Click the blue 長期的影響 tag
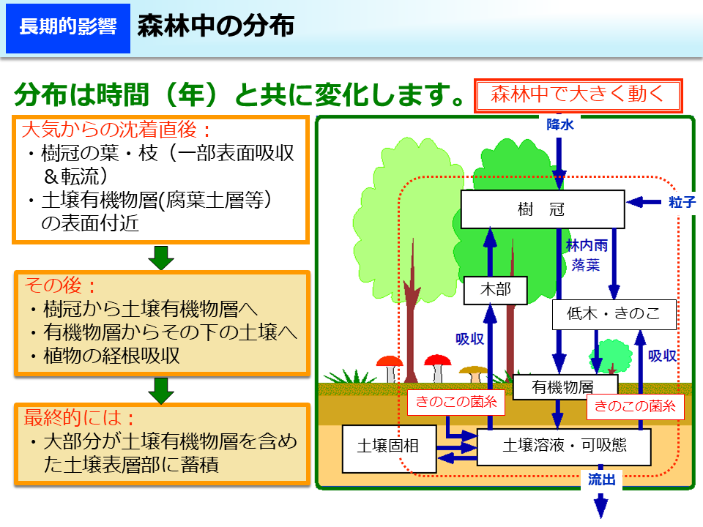point(67,28)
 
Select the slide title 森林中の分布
point(215,27)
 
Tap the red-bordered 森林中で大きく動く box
point(578,95)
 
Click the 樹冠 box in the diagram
point(542,210)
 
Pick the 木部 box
point(496,291)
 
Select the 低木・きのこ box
point(614,315)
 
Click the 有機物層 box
point(563,387)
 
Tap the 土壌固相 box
point(388,445)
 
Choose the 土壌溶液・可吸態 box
point(564,445)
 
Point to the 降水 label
point(560,125)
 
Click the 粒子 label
point(682,202)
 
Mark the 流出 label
point(601,480)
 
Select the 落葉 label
point(585,265)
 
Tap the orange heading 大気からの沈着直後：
point(116,130)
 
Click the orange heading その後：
point(61,285)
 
